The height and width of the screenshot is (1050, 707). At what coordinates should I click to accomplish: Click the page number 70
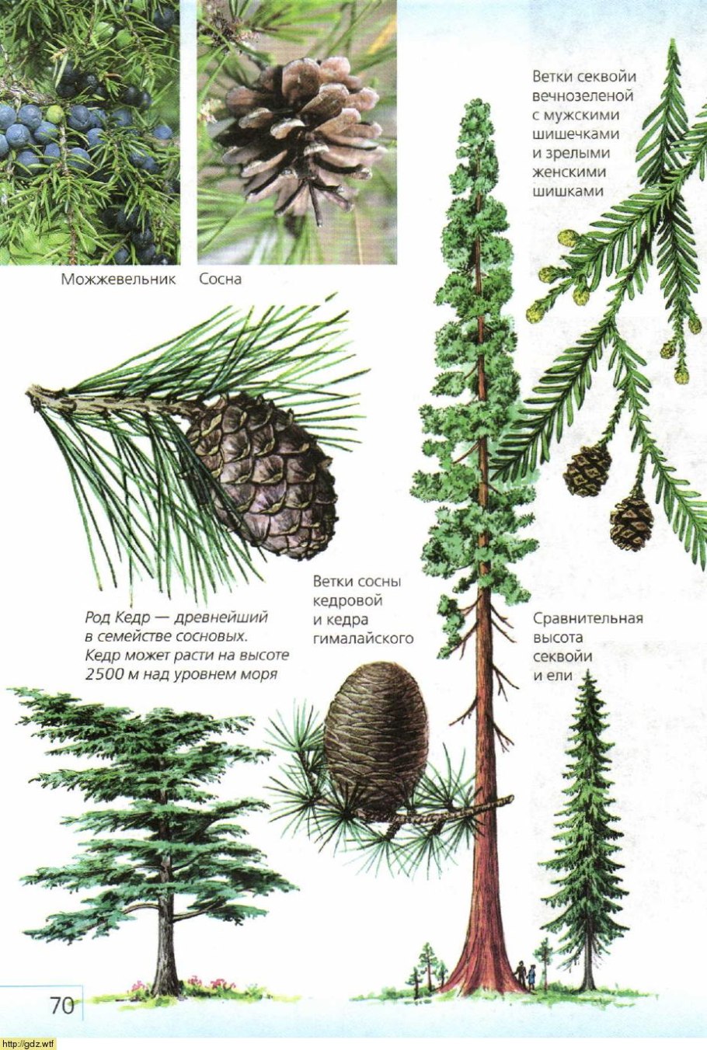click(62, 1005)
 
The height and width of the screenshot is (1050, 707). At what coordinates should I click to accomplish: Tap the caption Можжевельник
click(118, 280)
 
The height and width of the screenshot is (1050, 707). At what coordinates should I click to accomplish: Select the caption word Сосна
click(220, 280)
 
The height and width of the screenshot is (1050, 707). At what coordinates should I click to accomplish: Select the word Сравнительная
click(588, 619)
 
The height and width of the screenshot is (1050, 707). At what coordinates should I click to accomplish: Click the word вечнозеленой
click(583, 96)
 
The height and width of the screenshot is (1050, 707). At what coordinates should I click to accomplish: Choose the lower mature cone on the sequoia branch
click(631, 520)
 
